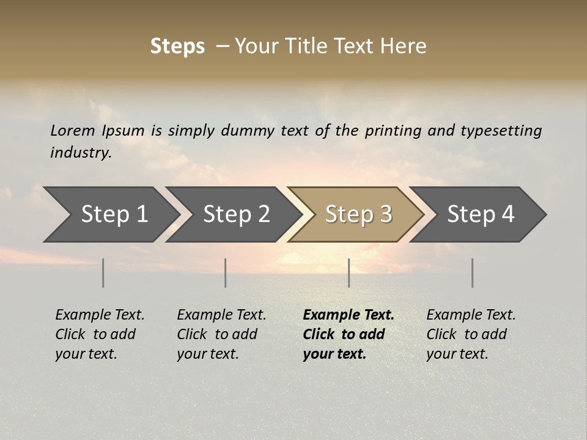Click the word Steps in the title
pos(177,46)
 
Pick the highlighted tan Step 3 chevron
pos(358,215)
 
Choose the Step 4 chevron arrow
pos(481,215)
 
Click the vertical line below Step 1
pos(103,273)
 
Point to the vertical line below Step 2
pos(226,273)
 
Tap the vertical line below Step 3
pos(349,273)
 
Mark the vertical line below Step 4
pos(472,273)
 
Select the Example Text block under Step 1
pos(100,334)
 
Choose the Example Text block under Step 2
pos(221,334)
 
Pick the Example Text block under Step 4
pos(471,334)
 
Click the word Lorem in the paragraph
pos(72,131)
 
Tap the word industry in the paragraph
pos(81,153)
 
